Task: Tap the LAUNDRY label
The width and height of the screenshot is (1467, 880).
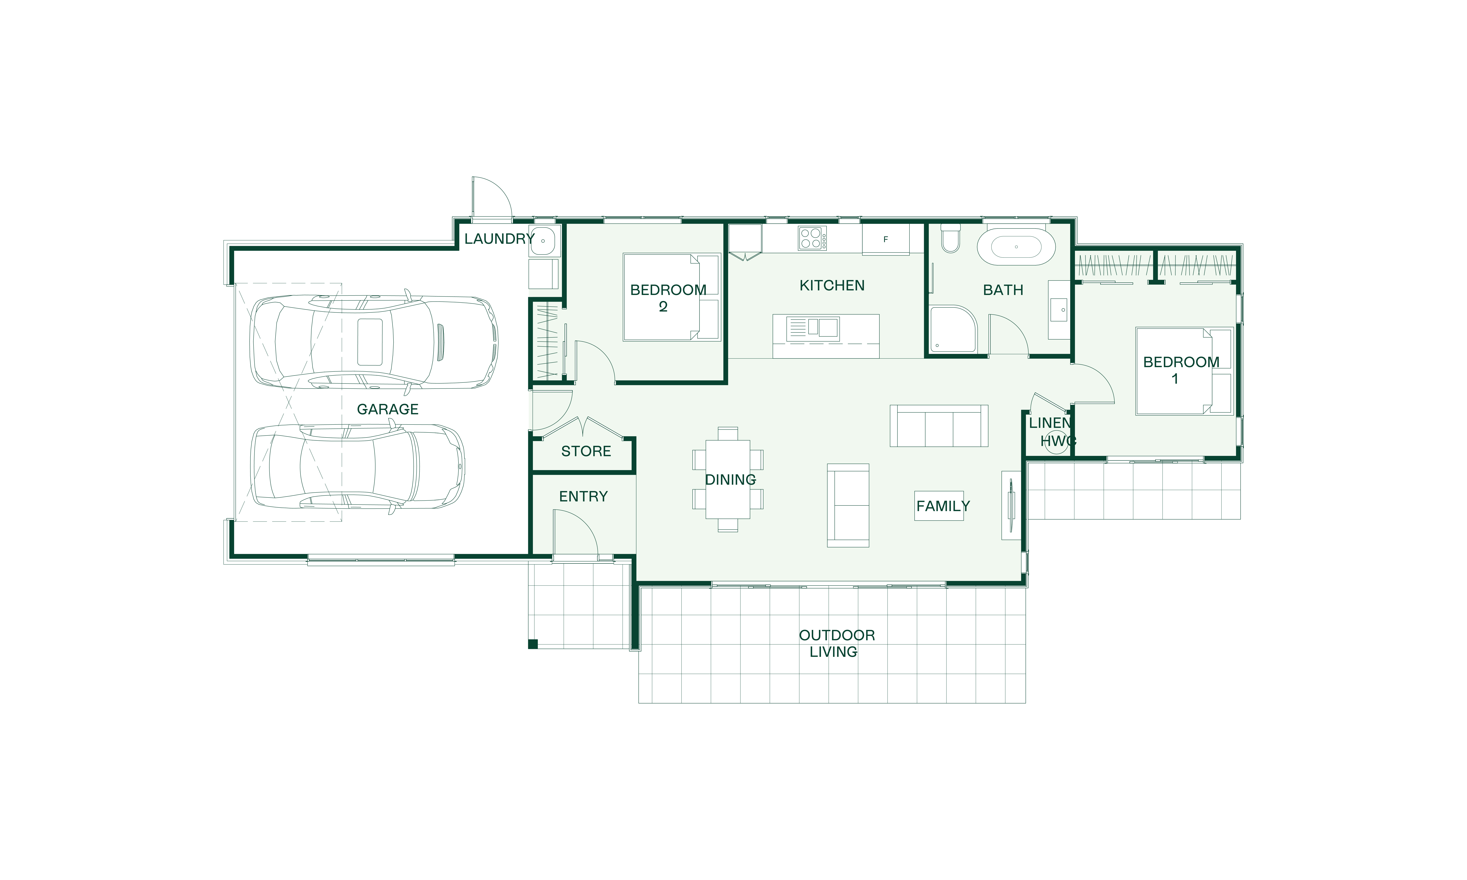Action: [x=499, y=239]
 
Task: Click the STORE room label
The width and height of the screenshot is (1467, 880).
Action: [x=586, y=451]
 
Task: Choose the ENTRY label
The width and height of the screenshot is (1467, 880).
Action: [x=583, y=496]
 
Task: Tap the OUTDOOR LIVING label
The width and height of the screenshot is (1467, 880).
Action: [x=837, y=643]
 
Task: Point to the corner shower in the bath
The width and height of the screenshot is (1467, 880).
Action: [x=952, y=329]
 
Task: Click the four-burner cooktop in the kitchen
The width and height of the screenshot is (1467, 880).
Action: [x=812, y=238]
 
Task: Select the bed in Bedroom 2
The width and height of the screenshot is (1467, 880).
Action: [x=671, y=297]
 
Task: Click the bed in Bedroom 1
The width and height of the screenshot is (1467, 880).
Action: [x=1184, y=371]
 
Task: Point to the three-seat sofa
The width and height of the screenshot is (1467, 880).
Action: [x=939, y=426]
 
